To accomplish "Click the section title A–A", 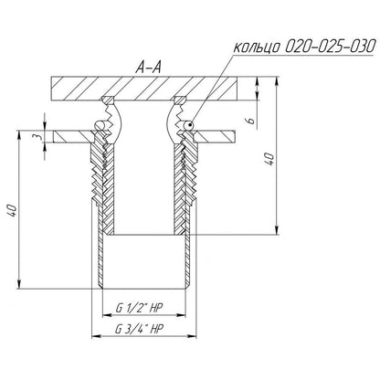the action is [x=148, y=69].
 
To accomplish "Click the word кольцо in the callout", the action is [x=257, y=47].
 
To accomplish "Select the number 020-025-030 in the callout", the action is [x=329, y=47].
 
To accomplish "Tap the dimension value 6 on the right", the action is [x=251, y=121].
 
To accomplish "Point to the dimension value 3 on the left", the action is [x=37, y=136].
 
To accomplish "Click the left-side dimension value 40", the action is [x=12, y=210].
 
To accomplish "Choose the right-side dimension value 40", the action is [x=269, y=159].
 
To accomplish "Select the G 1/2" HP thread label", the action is [x=140, y=308].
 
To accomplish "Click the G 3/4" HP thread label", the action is [x=140, y=329].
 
